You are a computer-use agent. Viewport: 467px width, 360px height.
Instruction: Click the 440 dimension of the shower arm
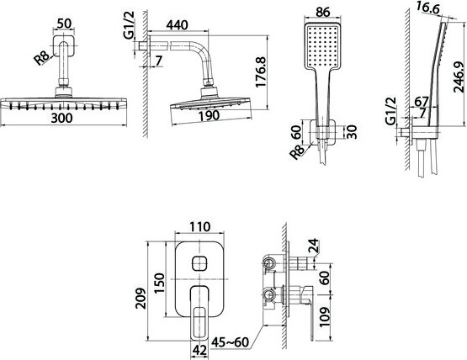tap(177, 24)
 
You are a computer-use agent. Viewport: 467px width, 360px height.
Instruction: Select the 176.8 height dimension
tap(261, 72)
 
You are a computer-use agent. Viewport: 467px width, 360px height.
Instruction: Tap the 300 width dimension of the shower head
tap(61, 118)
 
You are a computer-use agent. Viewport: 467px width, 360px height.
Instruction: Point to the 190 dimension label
tap(209, 115)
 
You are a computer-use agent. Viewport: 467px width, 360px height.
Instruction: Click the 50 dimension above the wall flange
tap(64, 24)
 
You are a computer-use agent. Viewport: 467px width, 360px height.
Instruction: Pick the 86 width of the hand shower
tap(322, 12)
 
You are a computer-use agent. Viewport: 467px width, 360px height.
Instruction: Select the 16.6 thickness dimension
tap(427, 8)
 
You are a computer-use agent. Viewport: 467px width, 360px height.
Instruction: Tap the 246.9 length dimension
tap(459, 77)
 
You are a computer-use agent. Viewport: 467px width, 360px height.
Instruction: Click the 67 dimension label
tap(422, 102)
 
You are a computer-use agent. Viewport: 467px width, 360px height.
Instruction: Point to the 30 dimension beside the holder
tap(352, 132)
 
